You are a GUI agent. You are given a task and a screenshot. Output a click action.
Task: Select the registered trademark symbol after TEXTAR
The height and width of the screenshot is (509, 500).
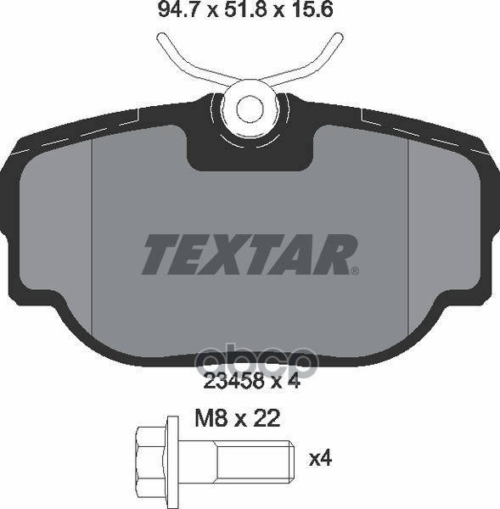click(x=355, y=271)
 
